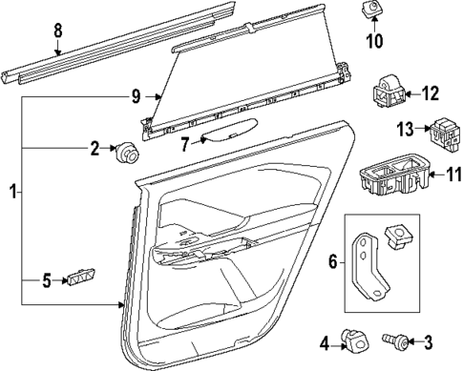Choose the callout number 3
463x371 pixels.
[x=429, y=340]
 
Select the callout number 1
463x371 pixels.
[x=11, y=194]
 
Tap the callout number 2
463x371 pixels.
[x=95, y=147]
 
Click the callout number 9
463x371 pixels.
[x=137, y=96]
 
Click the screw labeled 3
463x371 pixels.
[x=395, y=340]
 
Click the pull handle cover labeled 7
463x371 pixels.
[x=229, y=132]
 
